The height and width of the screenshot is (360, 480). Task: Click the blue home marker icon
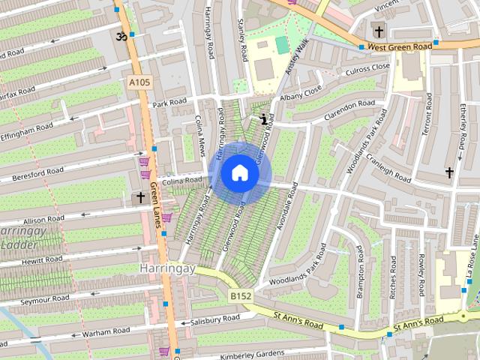point(239,172)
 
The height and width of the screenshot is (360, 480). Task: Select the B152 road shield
point(240,297)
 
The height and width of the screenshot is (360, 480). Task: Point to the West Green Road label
point(400,46)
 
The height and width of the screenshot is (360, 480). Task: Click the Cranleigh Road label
point(388,169)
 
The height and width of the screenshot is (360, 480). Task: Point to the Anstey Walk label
point(293,57)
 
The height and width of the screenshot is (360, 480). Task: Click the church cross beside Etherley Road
point(449,173)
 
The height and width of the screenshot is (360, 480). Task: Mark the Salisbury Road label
point(216,320)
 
